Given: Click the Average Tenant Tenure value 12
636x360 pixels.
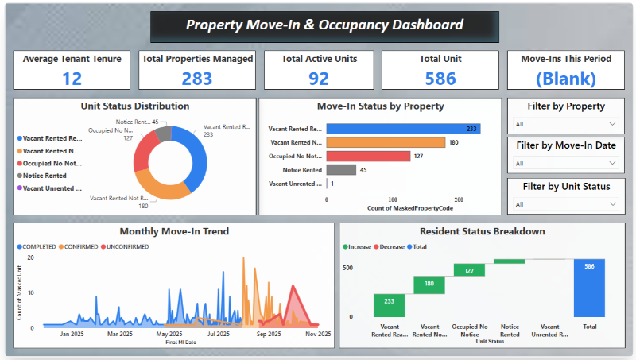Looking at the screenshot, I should pos(72,78).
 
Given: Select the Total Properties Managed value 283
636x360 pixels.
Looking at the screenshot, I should pos(197,78).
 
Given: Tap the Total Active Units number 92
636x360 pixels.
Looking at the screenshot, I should pos(319,78).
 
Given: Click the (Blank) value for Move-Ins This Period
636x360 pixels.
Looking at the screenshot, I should pos(565,78).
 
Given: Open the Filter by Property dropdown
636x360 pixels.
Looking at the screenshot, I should pos(564,124).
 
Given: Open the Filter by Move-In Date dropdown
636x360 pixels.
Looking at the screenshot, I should pos(564,163).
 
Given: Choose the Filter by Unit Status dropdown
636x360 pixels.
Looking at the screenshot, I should pos(564,204).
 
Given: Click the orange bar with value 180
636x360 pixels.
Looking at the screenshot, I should pos(386,142).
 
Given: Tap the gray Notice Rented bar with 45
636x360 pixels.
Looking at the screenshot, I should pos(341,169).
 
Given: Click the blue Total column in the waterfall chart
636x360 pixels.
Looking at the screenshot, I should pos(589,286).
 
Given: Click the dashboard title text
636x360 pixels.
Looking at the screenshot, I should pos(324,25).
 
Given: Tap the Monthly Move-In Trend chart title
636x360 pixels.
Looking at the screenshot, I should pos(174,232).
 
